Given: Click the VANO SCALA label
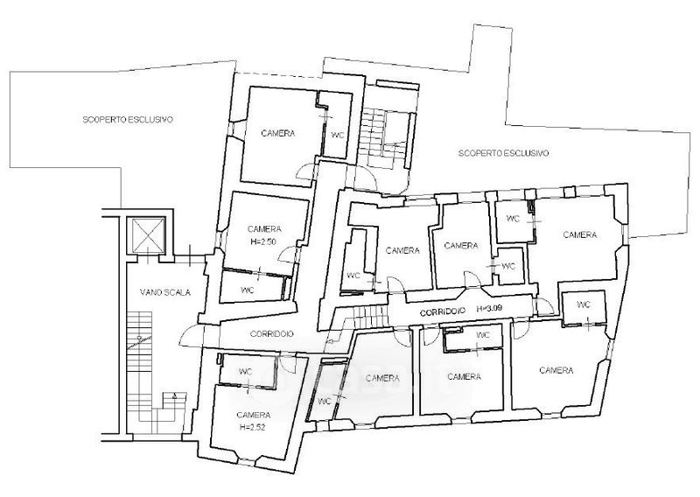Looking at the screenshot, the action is point(165,292).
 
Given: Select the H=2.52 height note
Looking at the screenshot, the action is point(252,427).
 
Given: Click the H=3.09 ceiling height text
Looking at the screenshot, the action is point(491,308).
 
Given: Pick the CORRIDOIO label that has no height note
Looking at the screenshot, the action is point(272,333).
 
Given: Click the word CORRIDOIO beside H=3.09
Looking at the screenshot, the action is point(443,311).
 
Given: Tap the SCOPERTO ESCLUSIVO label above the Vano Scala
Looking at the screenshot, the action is point(128,120).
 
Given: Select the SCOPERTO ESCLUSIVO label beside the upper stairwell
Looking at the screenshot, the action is point(504,153).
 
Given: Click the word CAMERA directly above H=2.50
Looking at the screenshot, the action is point(264,229).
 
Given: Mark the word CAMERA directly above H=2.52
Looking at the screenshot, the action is point(254,415).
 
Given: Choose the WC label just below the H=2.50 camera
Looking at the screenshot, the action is point(248,290).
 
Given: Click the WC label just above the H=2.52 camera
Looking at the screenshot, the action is point(246,372).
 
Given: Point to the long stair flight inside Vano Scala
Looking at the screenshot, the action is point(139,357).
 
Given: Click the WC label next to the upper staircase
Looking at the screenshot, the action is point(338,135).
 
